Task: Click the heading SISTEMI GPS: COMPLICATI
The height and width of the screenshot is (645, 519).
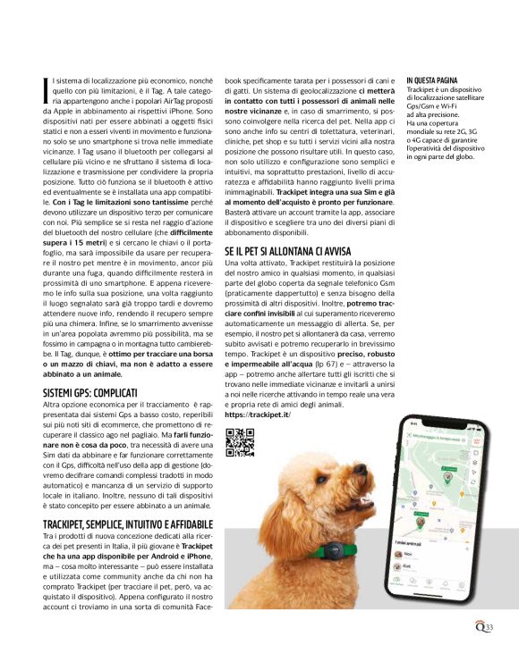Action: [90, 392]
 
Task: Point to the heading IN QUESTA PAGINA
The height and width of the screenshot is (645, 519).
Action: [432, 80]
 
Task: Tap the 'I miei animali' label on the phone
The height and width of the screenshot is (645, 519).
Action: [410, 541]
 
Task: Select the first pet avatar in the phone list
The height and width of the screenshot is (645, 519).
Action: [398, 555]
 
